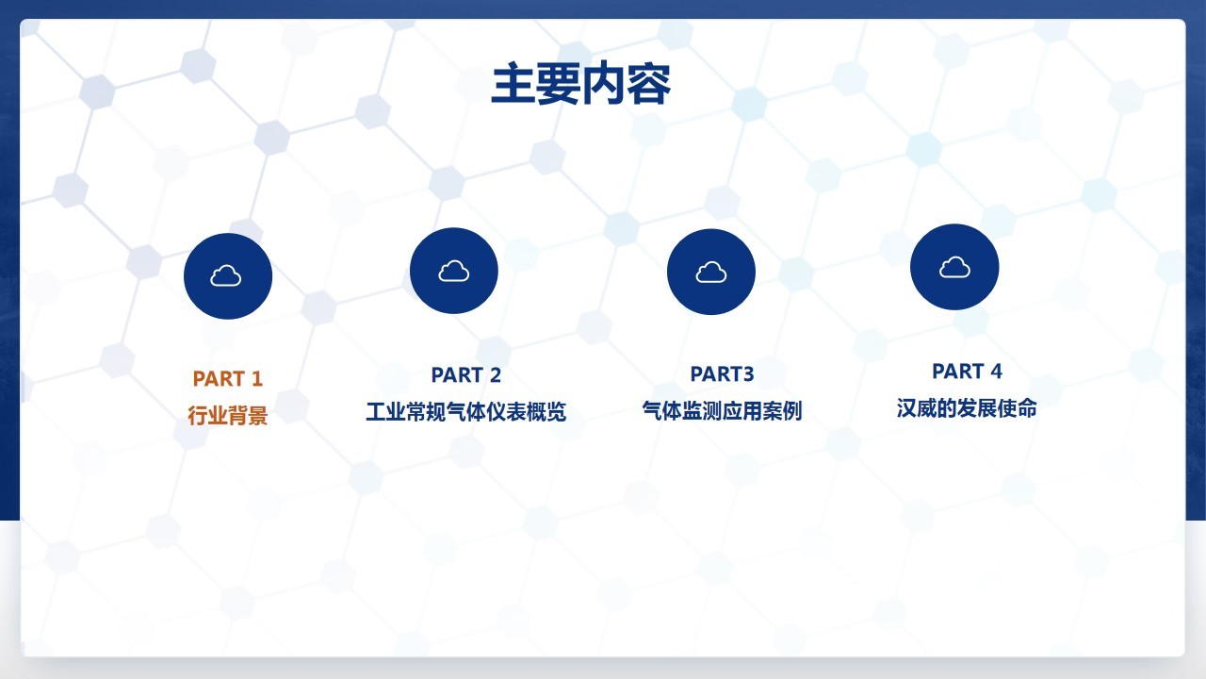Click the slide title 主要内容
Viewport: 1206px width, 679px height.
click(x=581, y=84)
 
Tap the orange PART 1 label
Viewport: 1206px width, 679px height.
click(x=228, y=379)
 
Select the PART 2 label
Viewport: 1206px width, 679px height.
click(x=466, y=375)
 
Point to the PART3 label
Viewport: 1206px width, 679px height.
click(x=722, y=374)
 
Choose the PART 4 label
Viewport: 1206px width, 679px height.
click(x=967, y=372)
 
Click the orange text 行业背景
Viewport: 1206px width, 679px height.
click(x=228, y=416)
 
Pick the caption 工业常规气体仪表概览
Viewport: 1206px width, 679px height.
click(x=466, y=412)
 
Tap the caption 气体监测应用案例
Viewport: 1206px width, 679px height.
click(x=722, y=410)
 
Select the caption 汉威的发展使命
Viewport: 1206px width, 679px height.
click(x=967, y=408)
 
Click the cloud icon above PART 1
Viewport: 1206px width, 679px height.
click(x=225, y=275)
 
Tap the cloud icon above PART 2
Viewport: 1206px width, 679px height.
click(x=454, y=271)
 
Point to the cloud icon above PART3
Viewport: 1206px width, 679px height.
click(x=711, y=273)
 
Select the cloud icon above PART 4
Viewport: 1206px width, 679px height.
click(x=954, y=267)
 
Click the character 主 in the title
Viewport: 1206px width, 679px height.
click(x=513, y=84)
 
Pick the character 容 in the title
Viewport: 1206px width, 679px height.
click(x=649, y=84)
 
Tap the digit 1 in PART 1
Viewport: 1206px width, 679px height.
click(x=257, y=379)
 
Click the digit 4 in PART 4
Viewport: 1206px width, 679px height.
click(x=996, y=372)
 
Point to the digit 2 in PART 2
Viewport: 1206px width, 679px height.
click(x=496, y=375)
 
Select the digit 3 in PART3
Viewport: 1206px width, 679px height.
click(x=748, y=374)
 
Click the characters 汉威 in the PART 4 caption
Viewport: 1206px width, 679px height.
click(x=917, y=408)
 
